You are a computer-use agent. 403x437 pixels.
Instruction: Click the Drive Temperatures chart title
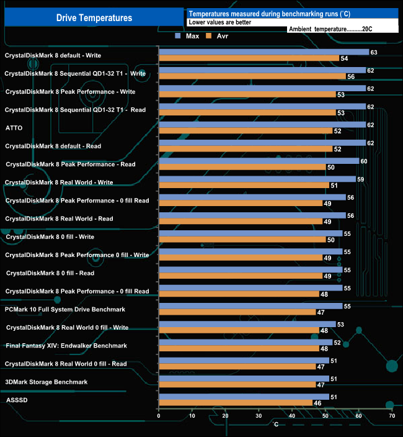coord(94,18)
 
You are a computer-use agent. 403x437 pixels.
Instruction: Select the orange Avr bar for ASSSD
coord(236,403)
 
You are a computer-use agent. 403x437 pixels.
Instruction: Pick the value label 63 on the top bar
coord(374,52)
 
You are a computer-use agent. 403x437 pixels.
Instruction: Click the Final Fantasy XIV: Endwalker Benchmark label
coord(66,345)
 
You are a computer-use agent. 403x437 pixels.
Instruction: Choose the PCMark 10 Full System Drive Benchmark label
coord(64,309)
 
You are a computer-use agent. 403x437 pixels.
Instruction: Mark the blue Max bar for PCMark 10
coord(250,306)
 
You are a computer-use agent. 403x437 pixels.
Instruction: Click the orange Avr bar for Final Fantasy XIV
coord(239,348)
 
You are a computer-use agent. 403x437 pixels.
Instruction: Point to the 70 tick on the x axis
coord(391,416)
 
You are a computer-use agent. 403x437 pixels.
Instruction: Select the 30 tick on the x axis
coord(259,416)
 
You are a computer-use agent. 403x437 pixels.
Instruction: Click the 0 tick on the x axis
coord(159,416)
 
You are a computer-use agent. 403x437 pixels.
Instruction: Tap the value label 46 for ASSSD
coord(317,403)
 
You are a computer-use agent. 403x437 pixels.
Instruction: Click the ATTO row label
coord(14,128)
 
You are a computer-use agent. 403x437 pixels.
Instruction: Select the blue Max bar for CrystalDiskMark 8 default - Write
coord(264,52)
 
